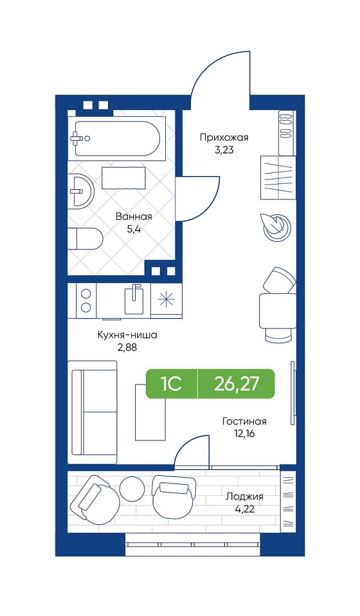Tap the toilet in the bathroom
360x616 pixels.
pyautogui.click(x=85, y=239)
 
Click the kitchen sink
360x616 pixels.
pyautogui.click(x=134, y=300)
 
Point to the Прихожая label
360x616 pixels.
pyautogui.click(x=224, y=138)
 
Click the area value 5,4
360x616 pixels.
pyautogui.click(x=134, y=229)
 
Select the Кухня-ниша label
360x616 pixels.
pyautogui.click(x=127, y=335)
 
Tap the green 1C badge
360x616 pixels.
pyautogui.click(x=172, y=384)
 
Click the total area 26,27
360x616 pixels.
pyautogui.click(x=237, y=384)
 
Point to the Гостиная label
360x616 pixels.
pyautogui.click(x=244, y=422)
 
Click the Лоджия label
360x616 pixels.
pyautogui.click(x=244, y=496)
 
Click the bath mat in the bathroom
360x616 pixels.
pyautogui.click(x=124, y=178)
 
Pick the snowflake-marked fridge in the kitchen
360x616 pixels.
pyautogui.click(x=166, y=300)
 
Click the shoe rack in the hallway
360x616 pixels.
pyautogui.click(x=287, y=133)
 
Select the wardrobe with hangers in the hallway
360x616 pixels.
pyautogui.click(x=278, y=177)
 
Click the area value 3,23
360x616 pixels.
pyautogui.click(x=224, y=150)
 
